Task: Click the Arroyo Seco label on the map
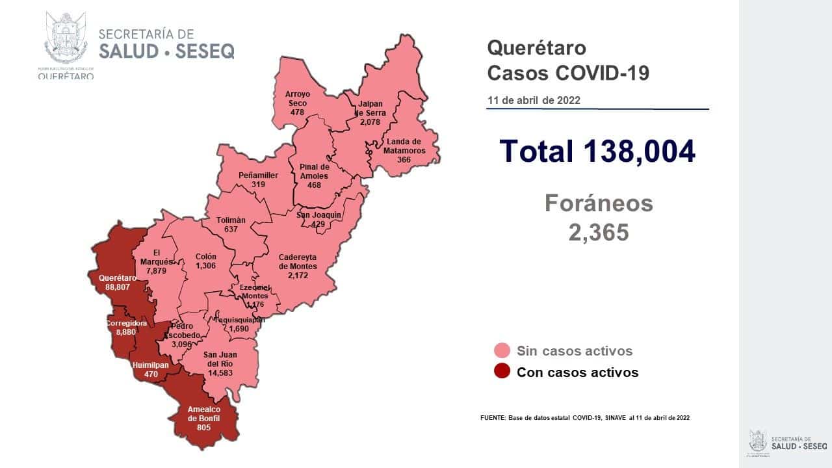point(298,99)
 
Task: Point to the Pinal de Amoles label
point(315,171)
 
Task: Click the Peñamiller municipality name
point(258,175)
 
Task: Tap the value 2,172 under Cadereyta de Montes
point(298,276)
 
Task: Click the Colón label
point(205,256)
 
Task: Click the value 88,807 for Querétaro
point(118,287)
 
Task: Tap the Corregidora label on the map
point(127,322)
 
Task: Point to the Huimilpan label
point(150,365)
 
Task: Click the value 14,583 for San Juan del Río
point(219,374)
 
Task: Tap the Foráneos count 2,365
point(599,232)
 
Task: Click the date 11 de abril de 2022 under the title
point(534,101)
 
